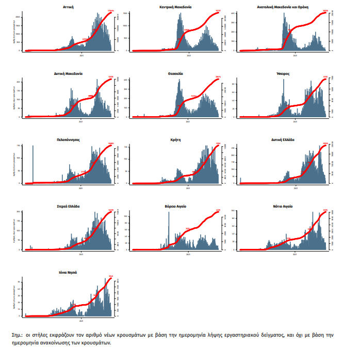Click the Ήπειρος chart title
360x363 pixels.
pyautogui.click(x=283, y=73)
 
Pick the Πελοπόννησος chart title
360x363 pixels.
pyautogui.click(x=68, y=139)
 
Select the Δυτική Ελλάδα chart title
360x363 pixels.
pyautogui.click(x=283, y=139)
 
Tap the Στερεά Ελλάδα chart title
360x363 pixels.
pyautogui.click(x=68, y=206)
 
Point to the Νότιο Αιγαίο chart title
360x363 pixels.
pyautogui.click(x=283, y=206)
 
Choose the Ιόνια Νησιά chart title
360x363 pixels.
pyautogui.click(x=68, y=272)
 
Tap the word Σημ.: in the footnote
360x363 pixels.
pyautogui.click(x=18, y=336)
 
